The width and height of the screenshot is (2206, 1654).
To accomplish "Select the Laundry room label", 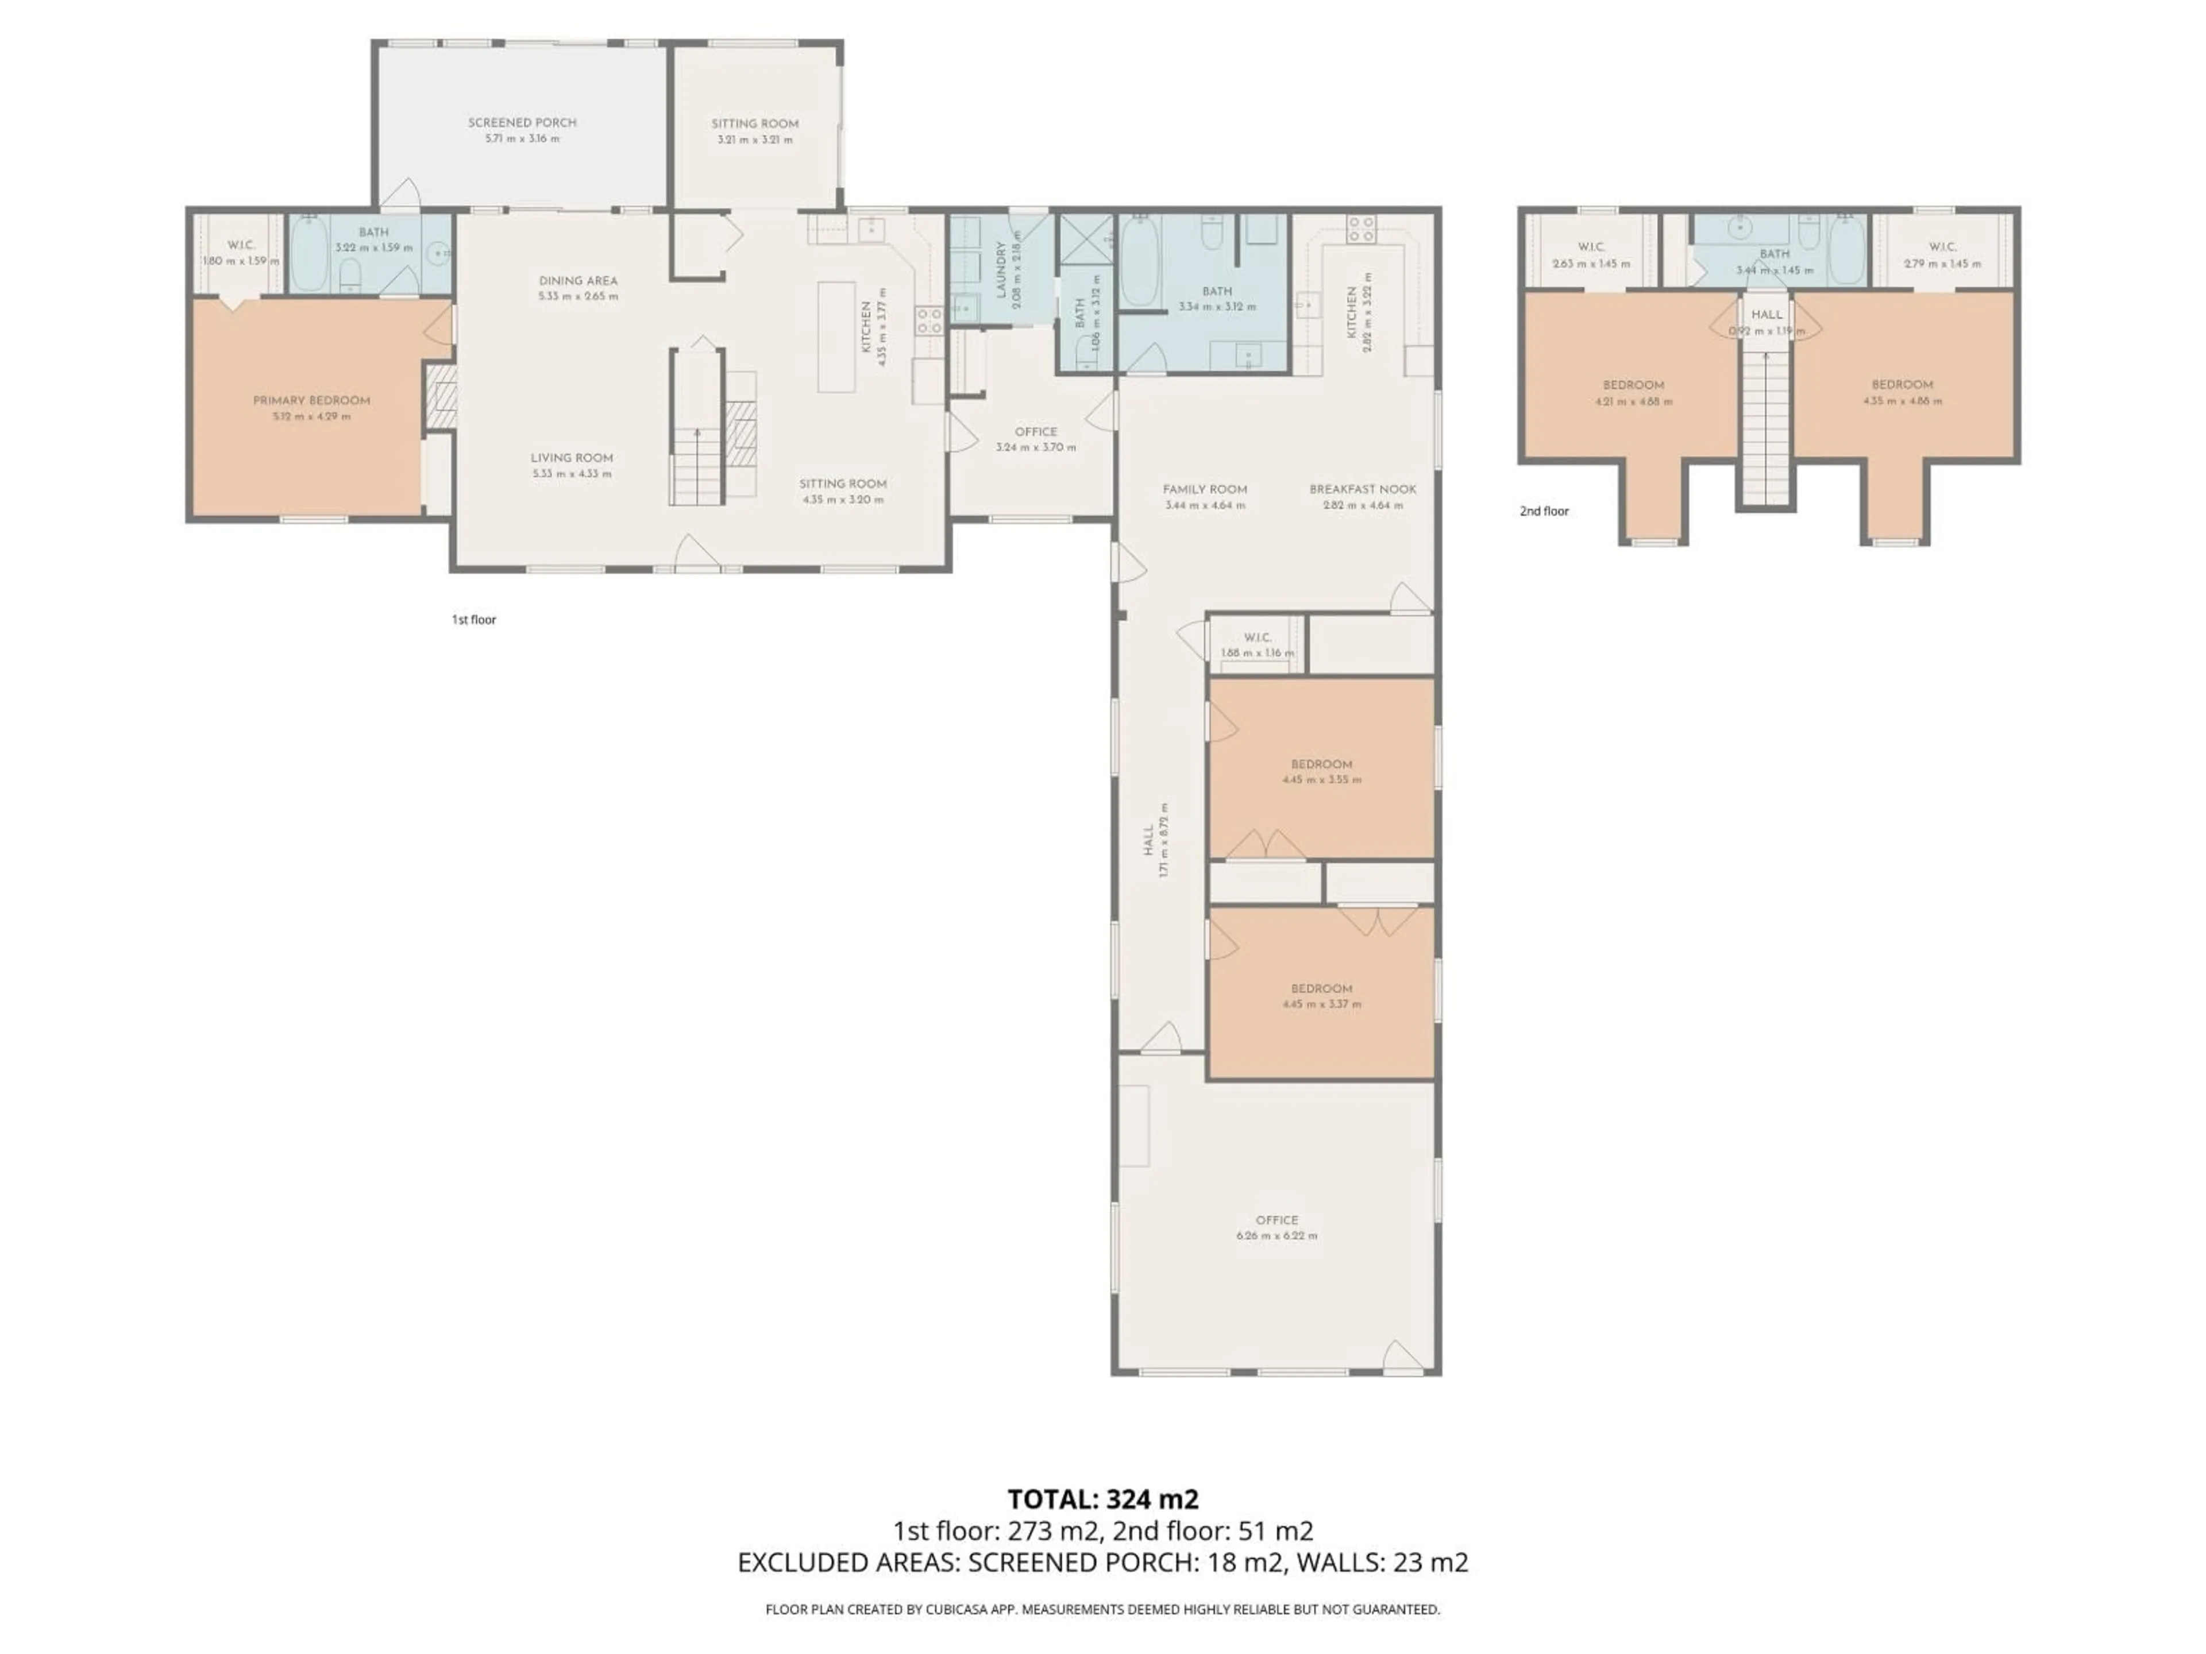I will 1001,270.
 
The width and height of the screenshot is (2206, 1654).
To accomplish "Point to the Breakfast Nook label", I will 1362,489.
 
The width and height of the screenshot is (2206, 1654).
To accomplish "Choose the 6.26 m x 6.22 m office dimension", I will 1276,1235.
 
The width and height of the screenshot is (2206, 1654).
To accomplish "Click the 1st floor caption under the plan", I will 474,619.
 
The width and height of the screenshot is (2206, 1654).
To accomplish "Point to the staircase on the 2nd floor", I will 1766,428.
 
